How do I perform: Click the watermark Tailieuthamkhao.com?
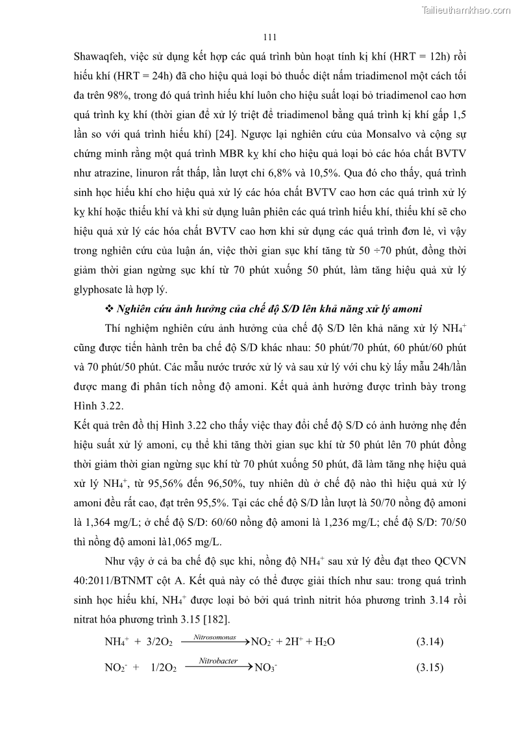466,10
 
